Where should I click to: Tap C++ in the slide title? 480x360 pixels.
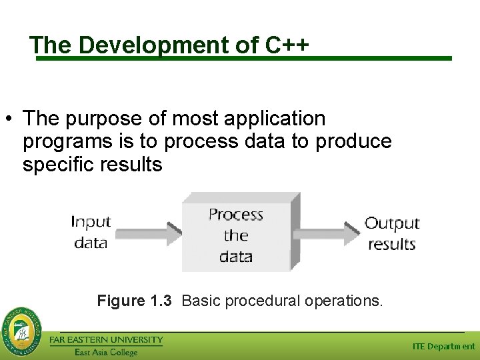click(x=287, y=45)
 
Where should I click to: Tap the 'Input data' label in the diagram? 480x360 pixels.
click(x=91, y=231)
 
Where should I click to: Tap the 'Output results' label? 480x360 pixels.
click(x=392, y=233)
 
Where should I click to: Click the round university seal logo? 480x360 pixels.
click(x=22, y=330)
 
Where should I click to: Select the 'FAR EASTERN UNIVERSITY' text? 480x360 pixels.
click(x=107, y=340)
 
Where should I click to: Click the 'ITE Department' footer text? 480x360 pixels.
click(x=443, y=346)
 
